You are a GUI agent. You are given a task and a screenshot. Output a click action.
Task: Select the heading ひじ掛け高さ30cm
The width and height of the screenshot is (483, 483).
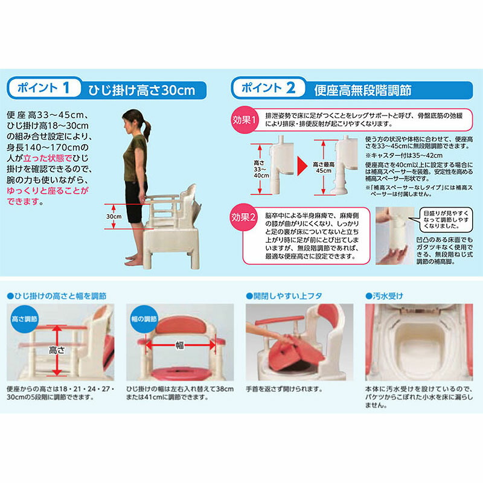coord(144,90)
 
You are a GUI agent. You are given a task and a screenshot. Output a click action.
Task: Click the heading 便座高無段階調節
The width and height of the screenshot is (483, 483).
coord(363,90)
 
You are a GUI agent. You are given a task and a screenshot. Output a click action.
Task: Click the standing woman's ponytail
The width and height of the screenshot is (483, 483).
coord(147,128)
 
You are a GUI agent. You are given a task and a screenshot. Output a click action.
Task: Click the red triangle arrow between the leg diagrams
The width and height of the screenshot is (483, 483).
coord(300,165)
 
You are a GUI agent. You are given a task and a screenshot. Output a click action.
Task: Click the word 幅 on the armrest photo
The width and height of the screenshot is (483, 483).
coord(180,346)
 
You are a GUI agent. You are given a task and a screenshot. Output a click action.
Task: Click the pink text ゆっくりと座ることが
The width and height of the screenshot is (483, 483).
coord(48,190)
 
